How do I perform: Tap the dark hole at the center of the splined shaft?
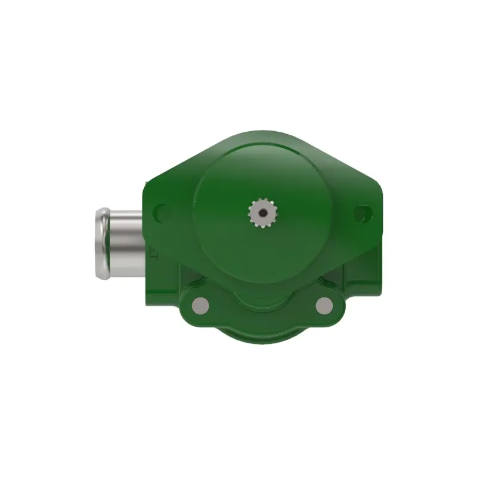pos(260,211)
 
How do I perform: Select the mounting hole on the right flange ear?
pos(361,213)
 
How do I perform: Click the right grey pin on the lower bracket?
pos(324,305)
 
